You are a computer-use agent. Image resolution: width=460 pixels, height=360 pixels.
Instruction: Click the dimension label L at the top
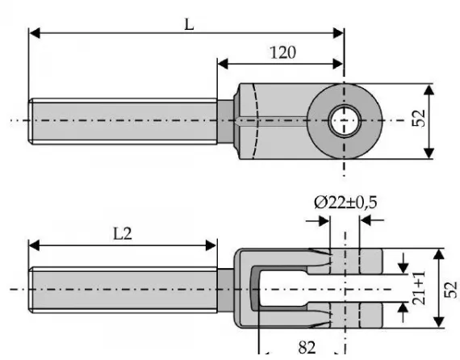[189, 25]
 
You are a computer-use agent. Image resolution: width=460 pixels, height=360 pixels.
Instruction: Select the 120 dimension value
[282, 52]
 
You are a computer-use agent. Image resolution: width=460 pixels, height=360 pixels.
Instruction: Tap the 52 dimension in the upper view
[419, 118]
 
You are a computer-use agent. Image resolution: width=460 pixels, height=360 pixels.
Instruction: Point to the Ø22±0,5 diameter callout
[345, 203]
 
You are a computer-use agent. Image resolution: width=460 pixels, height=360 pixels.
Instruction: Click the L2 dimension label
[123, 234]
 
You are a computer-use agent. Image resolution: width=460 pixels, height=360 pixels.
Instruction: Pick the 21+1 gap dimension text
[419, 288]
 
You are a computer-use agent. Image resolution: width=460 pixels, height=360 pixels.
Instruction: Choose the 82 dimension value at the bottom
[307, 348]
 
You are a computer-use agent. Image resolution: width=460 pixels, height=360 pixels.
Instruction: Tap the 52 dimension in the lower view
[451, 290]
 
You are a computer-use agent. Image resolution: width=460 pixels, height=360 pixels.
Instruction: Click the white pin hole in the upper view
[345, 121]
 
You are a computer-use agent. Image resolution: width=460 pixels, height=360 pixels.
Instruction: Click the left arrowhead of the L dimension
[35, 33]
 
